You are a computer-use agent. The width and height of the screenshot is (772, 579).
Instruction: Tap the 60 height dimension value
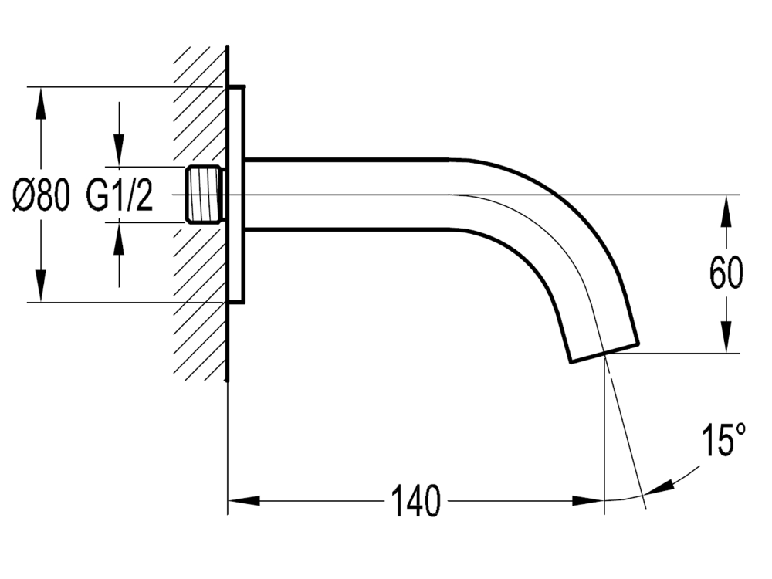[x=726, y=273]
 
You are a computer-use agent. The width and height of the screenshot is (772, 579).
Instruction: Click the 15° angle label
[x=723, y=442]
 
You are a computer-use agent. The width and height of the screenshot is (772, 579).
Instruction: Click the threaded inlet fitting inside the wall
[x=206, y=194]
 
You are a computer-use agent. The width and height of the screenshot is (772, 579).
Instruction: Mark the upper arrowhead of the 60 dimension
[x=726, y=210]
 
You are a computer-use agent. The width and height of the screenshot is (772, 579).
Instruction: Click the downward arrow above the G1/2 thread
[x=119, y=151]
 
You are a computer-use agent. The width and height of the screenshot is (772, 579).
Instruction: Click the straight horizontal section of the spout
[x=347, y=194]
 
